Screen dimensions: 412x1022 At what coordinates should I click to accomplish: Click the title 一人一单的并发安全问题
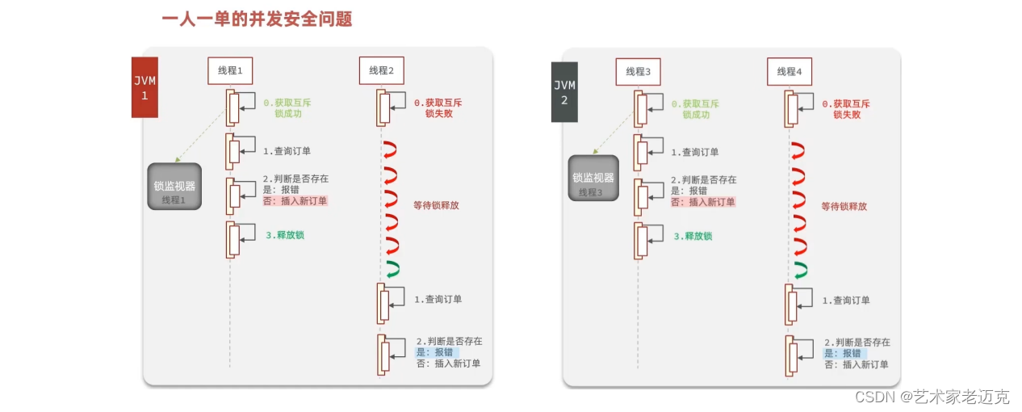point(257,19)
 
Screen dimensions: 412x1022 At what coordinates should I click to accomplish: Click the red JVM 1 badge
point(145,87)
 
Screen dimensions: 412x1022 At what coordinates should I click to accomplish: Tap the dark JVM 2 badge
point(564,92)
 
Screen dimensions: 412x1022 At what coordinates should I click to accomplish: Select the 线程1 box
point(229,71)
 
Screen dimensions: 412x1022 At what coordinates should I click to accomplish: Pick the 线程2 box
point(381,71)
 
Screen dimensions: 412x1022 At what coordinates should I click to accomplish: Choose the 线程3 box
point(638,71)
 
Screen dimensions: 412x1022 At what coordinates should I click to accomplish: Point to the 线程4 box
point(789,71)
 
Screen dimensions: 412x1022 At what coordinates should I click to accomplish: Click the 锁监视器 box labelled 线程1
point(174,187)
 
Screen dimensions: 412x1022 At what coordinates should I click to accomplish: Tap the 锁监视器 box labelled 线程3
point(593,183)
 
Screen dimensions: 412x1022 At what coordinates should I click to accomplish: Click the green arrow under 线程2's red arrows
point(392,270)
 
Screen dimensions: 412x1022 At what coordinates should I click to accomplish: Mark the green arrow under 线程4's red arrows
point(800,270)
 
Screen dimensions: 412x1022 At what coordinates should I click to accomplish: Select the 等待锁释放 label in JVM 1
point(436,205)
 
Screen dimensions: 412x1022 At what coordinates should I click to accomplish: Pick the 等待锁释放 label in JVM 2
point(844,206)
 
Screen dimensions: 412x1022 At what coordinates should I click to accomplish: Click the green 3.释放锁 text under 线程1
point(287,235)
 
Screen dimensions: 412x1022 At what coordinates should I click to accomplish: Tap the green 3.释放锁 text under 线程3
point(693,236)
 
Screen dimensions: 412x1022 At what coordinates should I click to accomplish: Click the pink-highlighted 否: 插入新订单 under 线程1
point(295,200)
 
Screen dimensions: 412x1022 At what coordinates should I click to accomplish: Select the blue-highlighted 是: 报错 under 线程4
point(842,353)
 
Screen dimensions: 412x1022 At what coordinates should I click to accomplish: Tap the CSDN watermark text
point(932,397)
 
